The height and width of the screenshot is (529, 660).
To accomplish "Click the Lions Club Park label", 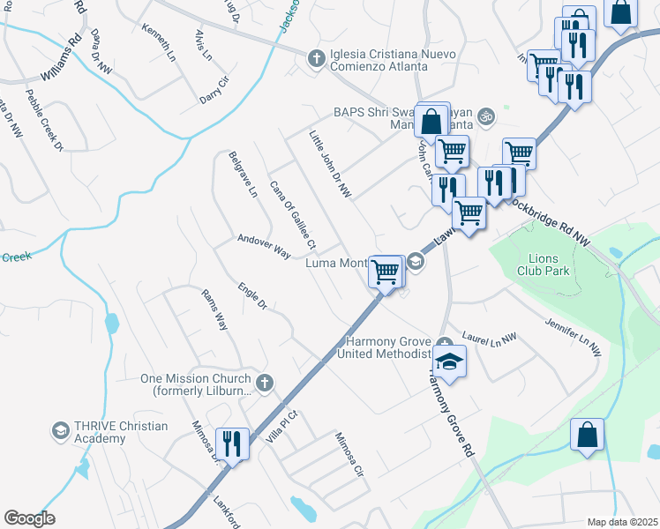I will [x=550, y=264].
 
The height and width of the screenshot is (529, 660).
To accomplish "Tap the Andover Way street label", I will [x=264, y=246].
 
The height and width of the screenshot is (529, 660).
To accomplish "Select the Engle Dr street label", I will [x=251, y=296].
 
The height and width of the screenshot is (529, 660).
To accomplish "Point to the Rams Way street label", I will [x=214, y=309].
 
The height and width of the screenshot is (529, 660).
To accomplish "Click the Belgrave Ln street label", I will [x=242, y=174].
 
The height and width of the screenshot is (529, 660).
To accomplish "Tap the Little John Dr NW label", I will [x=330, y=164].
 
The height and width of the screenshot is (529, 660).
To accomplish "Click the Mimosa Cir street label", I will [x=349, y=453].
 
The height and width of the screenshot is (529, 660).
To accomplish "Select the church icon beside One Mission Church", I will [x=264, y=383].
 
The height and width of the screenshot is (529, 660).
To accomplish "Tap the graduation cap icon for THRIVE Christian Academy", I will [x=60, y=431].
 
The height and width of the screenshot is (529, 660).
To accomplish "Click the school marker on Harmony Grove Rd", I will [x=449, y=361].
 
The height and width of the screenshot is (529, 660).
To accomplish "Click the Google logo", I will [x=30, y=518].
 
